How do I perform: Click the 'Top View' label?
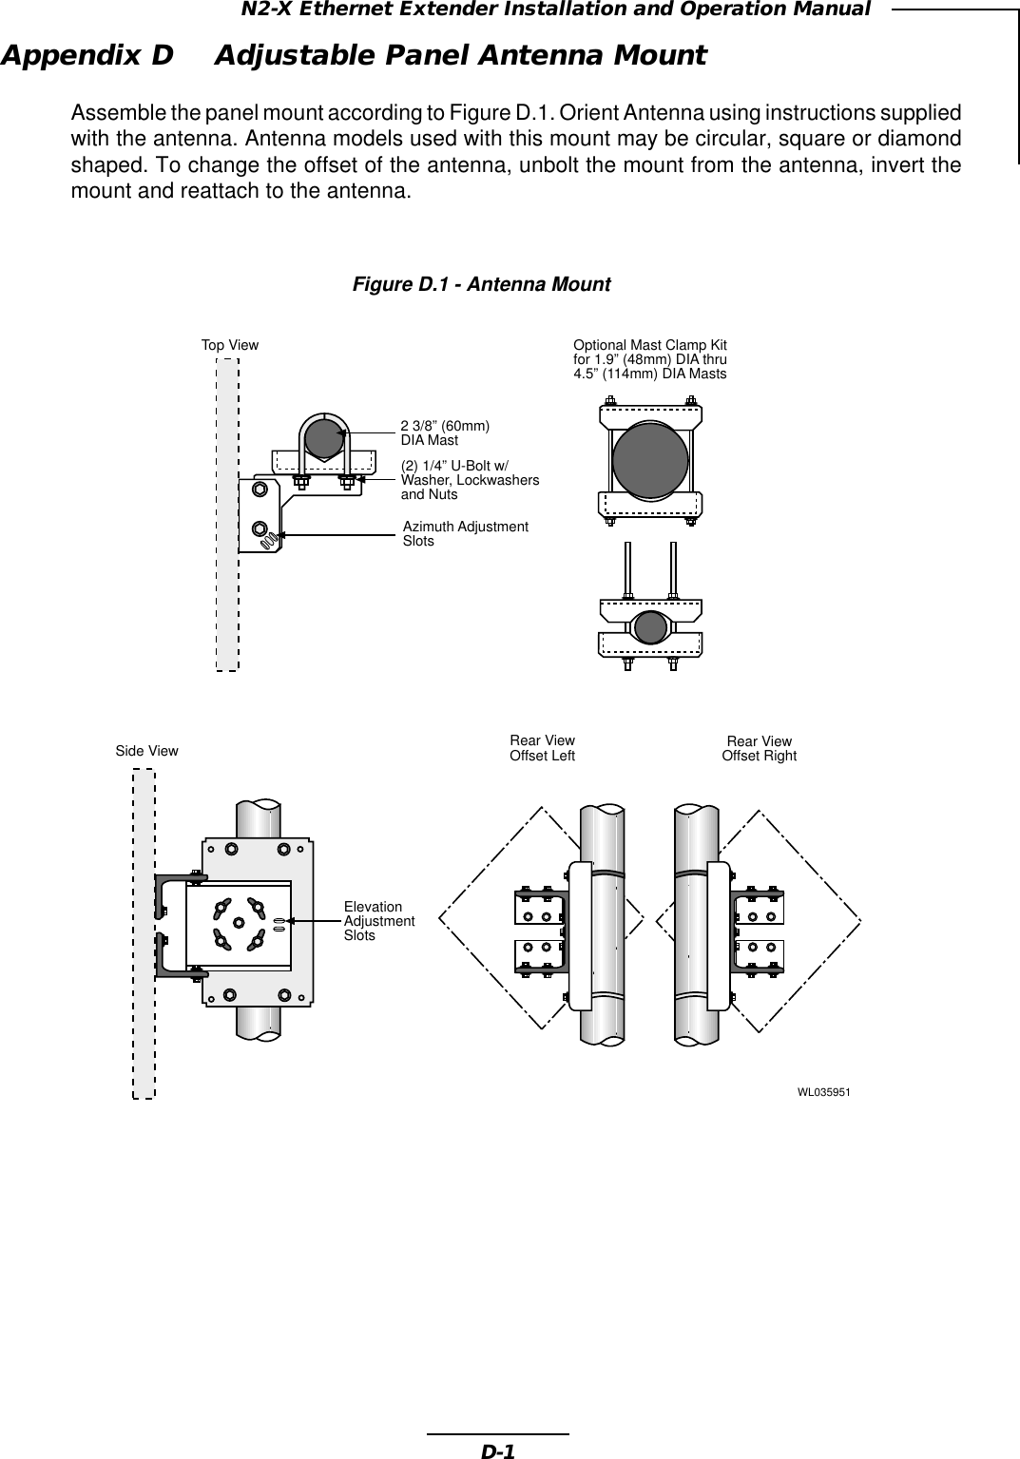[229, 345]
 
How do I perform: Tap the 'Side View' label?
[146, 751]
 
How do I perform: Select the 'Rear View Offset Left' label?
[542, 748]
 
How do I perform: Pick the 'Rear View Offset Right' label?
[759, 748]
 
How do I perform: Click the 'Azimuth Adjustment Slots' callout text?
[465, 533]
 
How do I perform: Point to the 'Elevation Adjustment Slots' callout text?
[378, 921]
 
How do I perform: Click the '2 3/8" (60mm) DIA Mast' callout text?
[444, 433]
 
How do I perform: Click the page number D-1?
[496, 1451]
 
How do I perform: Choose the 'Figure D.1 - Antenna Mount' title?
[482, 284]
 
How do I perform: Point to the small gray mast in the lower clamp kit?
[650, 628]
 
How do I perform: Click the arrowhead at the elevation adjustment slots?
[292, 921]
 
